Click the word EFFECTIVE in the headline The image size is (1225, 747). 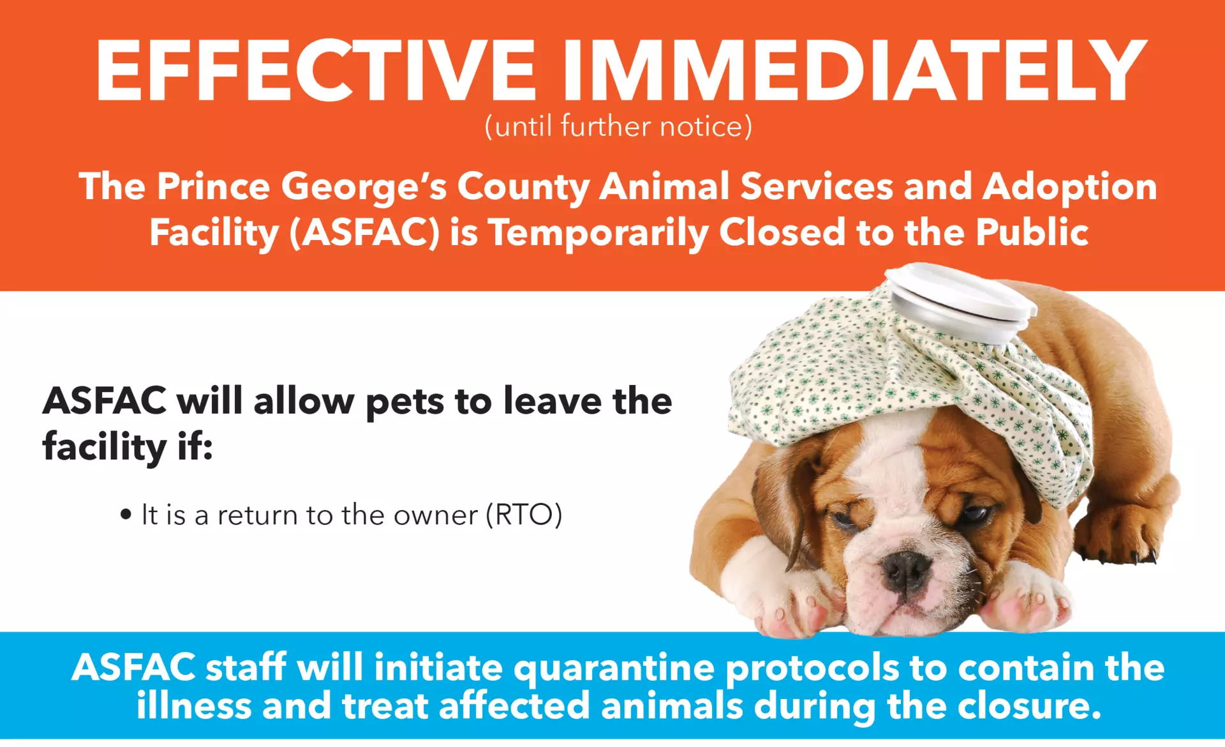tap(316, 70)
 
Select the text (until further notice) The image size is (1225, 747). tap(618, 126)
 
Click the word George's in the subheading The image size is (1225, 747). tap(364, 187)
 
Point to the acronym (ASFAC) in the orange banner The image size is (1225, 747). tap(364, 232)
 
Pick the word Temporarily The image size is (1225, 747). tap(598, 232)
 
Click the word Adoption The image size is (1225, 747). tap(1069, 187)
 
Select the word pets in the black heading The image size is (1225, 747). tap(404, 403)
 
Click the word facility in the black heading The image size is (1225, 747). tap(105, 446)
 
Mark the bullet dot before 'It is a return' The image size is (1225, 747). tap(126, 514)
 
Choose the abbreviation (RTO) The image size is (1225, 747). tap(524, 515)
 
